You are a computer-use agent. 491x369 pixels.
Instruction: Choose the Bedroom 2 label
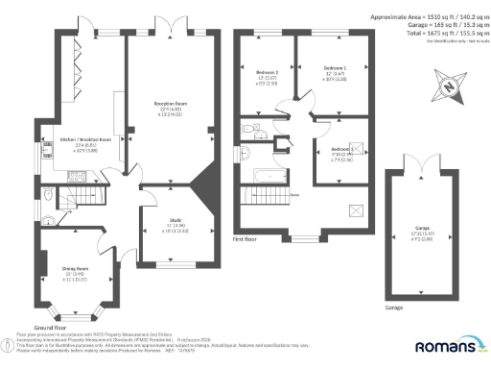pos(268,72)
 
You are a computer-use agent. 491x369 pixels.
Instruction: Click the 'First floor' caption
pos(247,237)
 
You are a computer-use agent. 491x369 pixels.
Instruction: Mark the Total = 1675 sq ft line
pos(435,34)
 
